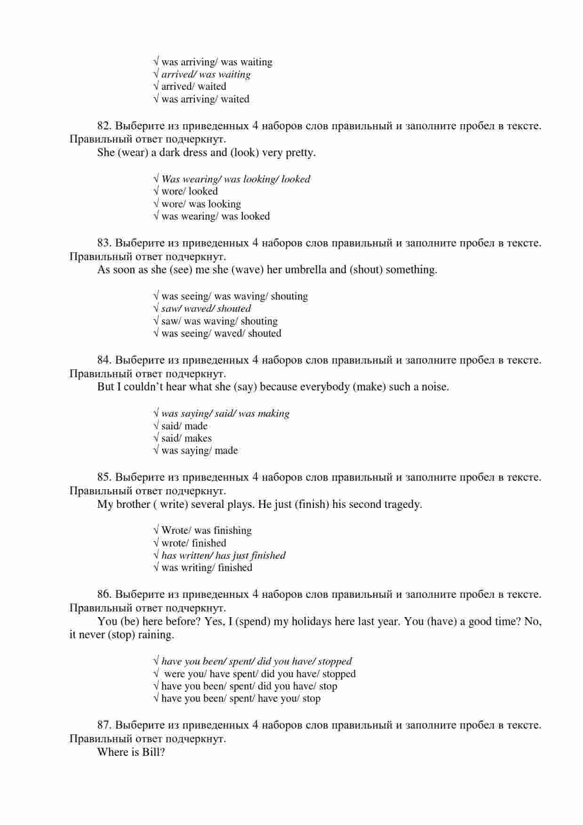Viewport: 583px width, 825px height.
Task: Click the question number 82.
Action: click(x=104, y=126)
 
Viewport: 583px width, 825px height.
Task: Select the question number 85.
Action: click(x=104, y=477)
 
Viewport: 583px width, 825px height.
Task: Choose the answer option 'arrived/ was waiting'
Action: click(x=206, y=74)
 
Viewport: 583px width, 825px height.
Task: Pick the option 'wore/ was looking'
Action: click(x=201, y=204)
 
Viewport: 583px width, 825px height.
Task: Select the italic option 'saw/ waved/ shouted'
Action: click(x=206, y=309)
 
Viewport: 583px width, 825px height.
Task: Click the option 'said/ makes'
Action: click(x=186, y=438)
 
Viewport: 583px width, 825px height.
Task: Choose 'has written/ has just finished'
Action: click(x=223, y=555)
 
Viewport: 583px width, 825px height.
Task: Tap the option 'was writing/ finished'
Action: click(x=207, y=568)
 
